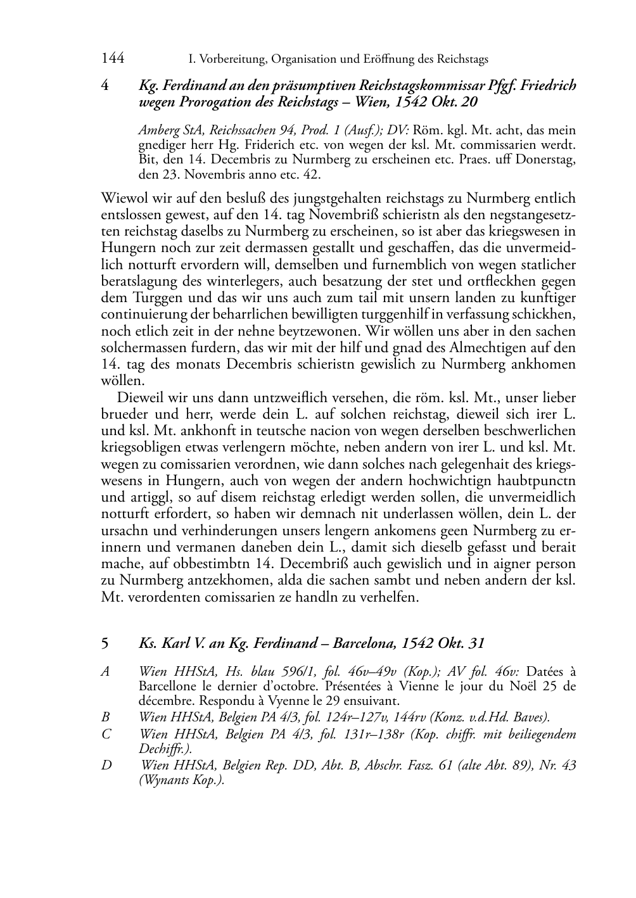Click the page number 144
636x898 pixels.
point(112,59)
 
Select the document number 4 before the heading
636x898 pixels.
point(105,85)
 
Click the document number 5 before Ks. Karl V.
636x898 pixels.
point(105,643)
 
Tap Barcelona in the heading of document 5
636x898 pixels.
point(364,643)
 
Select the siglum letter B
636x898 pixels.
point(105,718)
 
